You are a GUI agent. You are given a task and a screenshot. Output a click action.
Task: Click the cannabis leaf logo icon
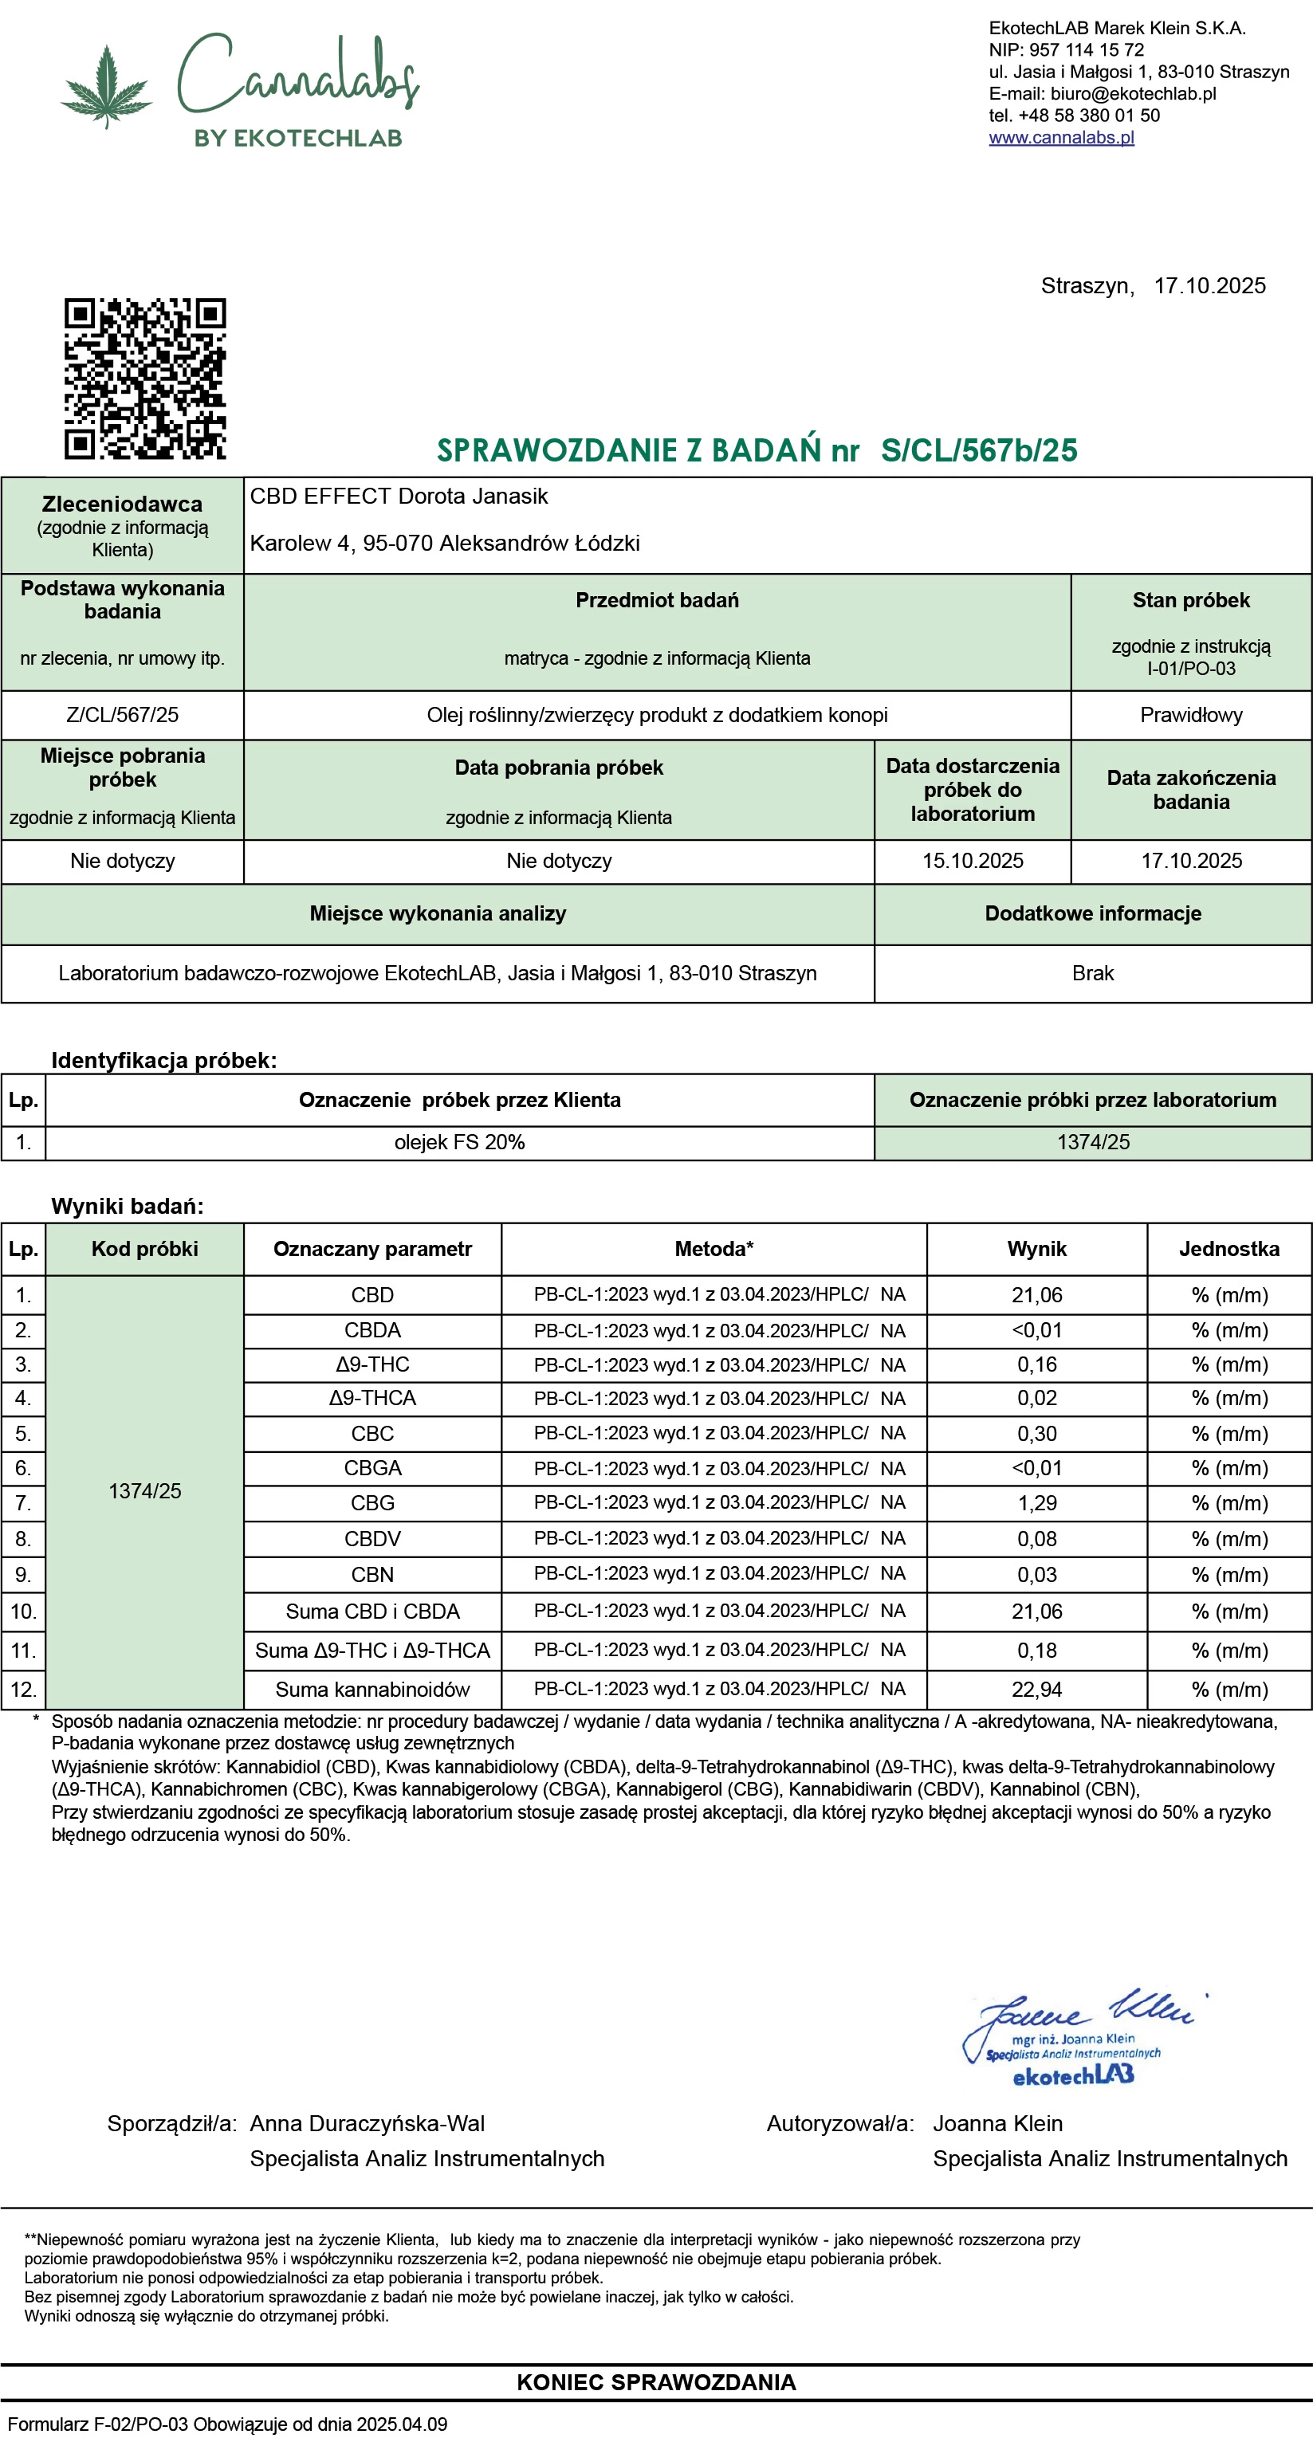coord(106,87)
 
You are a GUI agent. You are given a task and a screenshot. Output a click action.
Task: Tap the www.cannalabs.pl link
coord(1061,137)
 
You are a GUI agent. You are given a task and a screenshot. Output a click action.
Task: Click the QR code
coord(145,379)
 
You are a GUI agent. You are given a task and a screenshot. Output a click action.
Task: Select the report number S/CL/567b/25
coord(979,450)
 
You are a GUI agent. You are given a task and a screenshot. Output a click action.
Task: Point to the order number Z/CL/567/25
coord(122,715)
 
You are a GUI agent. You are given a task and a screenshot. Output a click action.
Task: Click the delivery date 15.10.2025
coord(973,860)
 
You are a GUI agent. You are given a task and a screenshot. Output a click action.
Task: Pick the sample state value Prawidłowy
coord(1191,715)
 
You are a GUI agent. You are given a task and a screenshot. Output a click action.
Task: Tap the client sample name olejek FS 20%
coord(459,1142)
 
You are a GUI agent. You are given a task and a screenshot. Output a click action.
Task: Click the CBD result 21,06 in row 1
coord(1036,1294)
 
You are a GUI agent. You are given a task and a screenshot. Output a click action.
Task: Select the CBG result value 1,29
coord(1036,1503)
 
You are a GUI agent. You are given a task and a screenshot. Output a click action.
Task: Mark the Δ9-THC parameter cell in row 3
coord(372,1364)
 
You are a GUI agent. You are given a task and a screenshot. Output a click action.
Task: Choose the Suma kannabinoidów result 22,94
coord(1036,1690)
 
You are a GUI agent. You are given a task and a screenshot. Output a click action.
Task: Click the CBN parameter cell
coord(372,1575)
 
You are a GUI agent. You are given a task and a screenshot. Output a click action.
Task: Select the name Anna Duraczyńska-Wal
coord(368,2123)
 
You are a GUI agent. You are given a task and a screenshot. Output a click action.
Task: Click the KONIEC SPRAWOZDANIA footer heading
coord(656,2381)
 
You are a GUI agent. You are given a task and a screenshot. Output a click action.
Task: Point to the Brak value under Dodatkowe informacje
coord(1092,973)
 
